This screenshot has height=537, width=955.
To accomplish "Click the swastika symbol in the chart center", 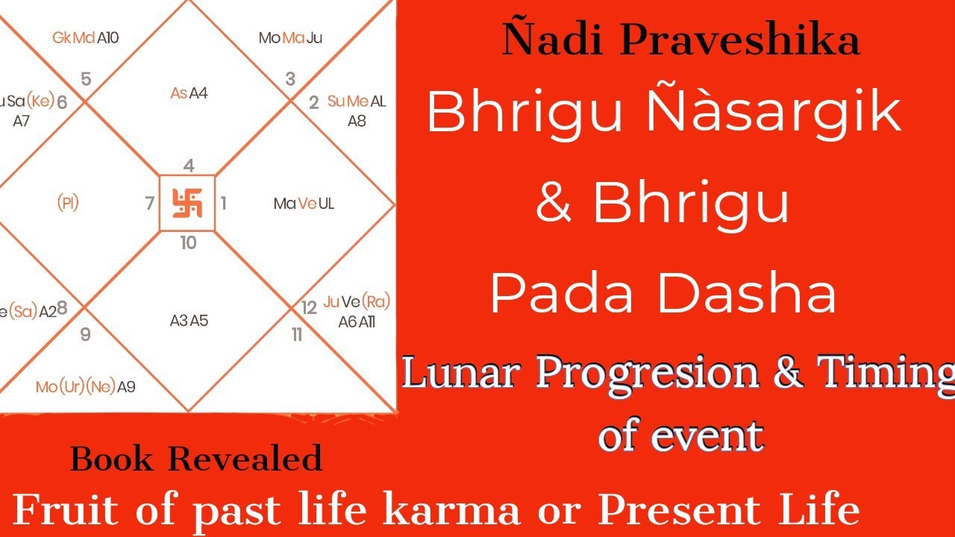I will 187,203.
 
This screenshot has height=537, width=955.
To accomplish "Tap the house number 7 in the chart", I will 150,203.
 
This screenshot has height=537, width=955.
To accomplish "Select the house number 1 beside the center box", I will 223,203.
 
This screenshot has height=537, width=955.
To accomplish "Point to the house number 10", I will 188,242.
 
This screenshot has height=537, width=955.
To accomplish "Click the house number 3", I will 290,78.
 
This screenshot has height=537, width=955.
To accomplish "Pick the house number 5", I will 86,79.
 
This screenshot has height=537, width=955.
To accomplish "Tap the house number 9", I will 85,334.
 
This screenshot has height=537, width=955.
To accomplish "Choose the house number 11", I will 297,335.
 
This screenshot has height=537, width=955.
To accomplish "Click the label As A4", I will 189,93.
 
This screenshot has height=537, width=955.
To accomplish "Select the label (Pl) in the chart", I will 68,203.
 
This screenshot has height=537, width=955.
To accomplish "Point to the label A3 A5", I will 189,321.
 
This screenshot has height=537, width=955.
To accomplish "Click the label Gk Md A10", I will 85,37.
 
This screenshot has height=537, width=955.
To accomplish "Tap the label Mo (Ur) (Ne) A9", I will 85,386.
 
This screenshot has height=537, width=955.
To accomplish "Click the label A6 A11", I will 357,321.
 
